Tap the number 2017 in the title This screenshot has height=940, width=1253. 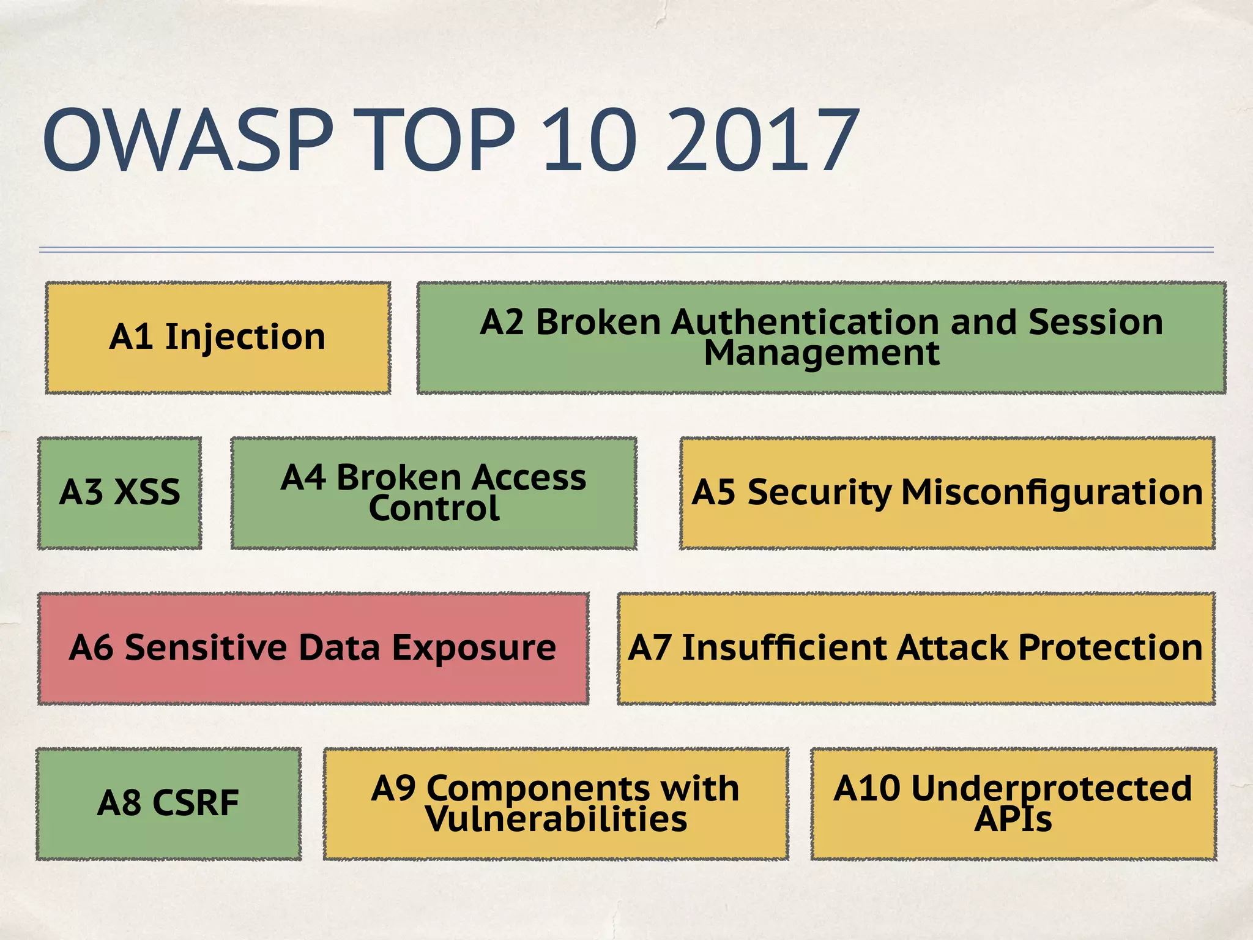coord(762,140)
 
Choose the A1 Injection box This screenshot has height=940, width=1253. coord(218,337)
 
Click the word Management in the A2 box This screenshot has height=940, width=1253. coord(821,354)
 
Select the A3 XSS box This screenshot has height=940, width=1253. coord(120,493)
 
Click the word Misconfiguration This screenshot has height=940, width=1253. coord(1052,493)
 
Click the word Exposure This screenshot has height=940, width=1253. coord(474,648)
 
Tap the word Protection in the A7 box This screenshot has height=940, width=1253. coord(1110,648)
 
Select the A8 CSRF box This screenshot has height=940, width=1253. coord(168,804)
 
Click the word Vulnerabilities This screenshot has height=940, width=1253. coord(556,820)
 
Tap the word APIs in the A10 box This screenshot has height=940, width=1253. coord(1013,820)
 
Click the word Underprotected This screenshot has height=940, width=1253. coord(1051,788)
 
